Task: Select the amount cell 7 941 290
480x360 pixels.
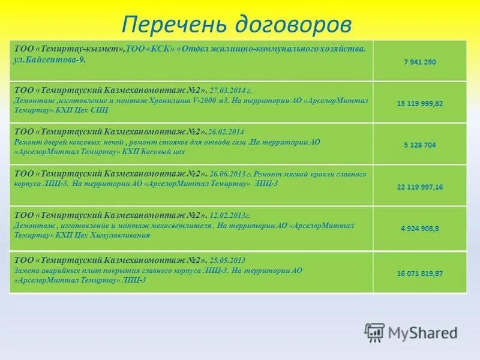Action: [419, 62]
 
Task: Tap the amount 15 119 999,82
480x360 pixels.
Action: [419, 103]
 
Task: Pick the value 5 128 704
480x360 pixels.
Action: [419, 145]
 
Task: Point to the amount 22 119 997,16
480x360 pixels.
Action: [419, 187]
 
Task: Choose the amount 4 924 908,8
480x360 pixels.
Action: [419, 229]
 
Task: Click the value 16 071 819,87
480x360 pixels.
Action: [419, 273]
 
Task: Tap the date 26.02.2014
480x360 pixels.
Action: [227, 131]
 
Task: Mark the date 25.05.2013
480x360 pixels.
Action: [227, 260]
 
